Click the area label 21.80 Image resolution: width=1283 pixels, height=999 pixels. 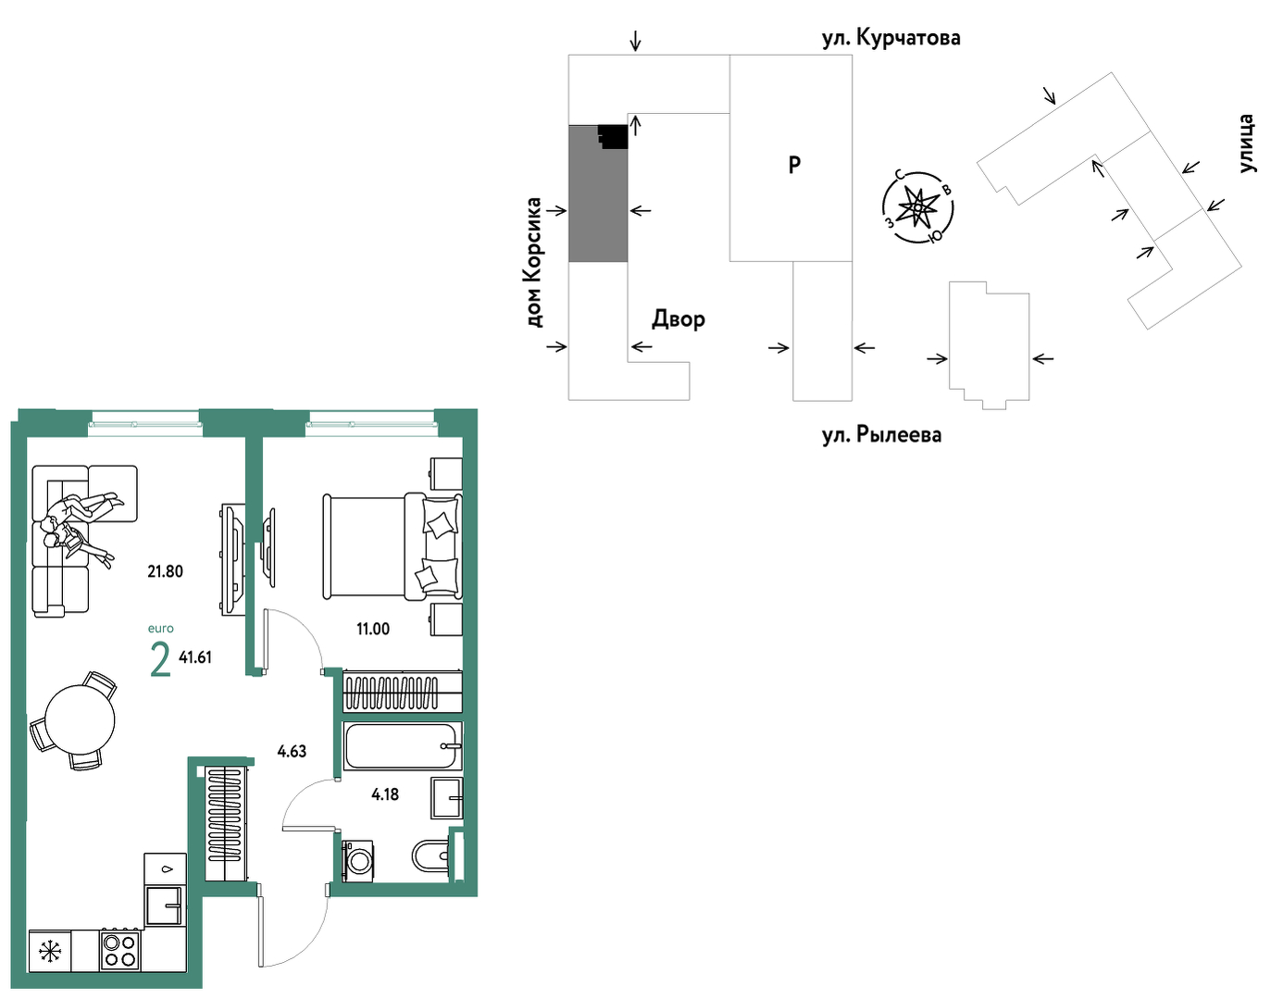(x=166, y=571)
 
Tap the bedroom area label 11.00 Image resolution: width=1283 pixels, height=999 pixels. (x=372, y=629)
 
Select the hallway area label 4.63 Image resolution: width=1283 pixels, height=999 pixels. (x=292, y=751)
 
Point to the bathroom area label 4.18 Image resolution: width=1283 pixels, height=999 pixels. (x=385, y=794)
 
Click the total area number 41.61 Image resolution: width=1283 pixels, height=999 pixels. (x=195, y=657)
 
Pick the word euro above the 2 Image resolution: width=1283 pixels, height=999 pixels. (x=160, y=629)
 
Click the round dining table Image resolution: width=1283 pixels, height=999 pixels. (x=80, y=719)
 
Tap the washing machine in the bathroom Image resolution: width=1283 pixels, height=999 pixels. (x=358, y=861)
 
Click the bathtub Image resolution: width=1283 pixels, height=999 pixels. (x=403, y=746)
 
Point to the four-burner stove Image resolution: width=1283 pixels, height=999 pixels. (x=119, y=949)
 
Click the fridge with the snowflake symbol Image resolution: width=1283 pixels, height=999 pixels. (x=50, y=951)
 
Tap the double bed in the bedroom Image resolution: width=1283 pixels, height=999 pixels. (x=392, y=547)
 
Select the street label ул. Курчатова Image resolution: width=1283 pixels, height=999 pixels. (x=891, y=38)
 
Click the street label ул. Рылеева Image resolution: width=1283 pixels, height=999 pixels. (x=881, y=435)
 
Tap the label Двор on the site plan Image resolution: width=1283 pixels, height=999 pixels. (x=679, y=318)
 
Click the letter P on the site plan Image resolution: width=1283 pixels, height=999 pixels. (x=795, y=164)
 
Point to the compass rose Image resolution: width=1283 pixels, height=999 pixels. (x=917, y=207)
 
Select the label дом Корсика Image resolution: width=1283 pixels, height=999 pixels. (x=533, y=263)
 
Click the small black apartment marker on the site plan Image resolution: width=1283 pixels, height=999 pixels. (x=614, y=136)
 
